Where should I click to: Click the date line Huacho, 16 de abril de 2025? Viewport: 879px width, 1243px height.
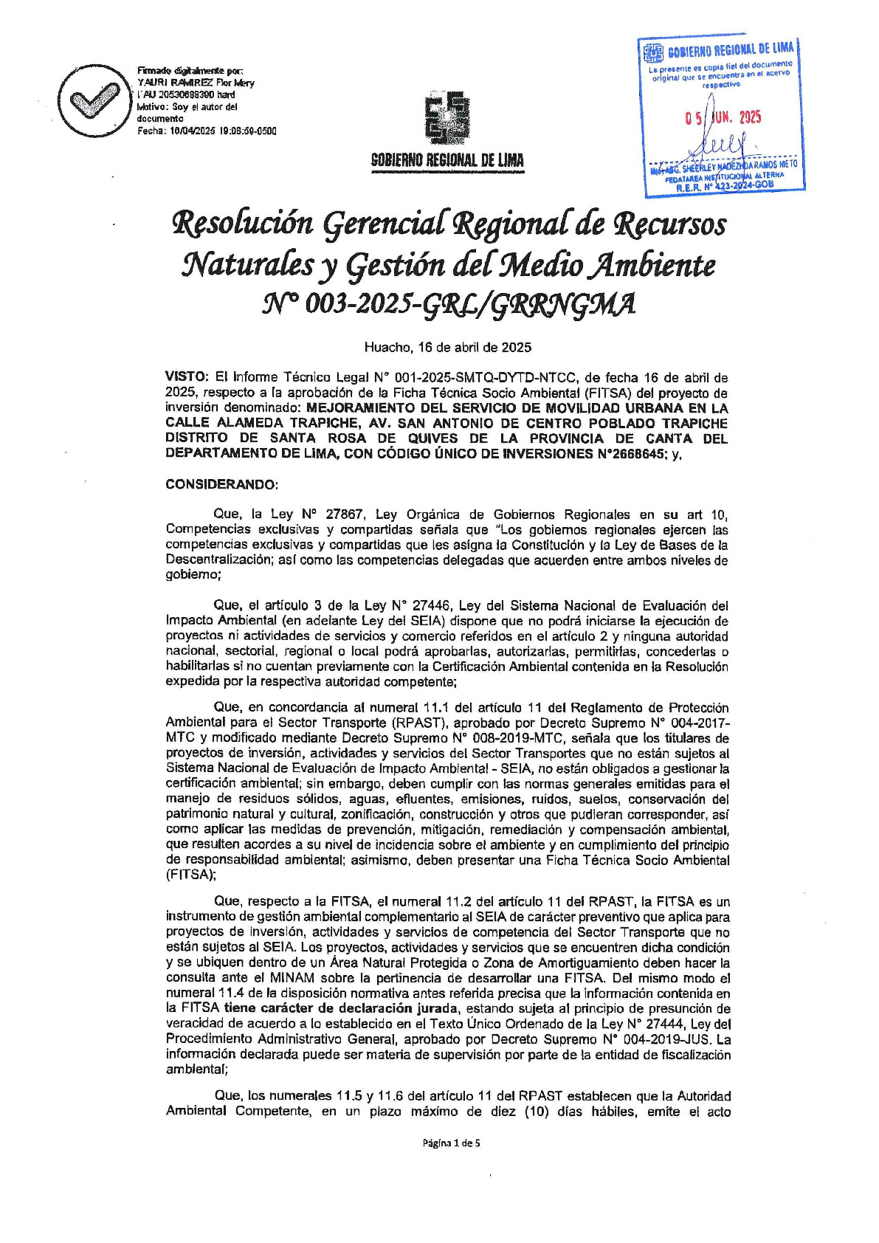tap(447, 347)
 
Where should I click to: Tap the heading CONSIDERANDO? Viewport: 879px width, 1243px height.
tap(222, 485)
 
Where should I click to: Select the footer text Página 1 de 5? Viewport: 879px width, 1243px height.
tap(451, 1143)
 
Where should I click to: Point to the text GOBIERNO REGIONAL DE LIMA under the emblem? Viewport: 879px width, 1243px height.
tap(447, 161)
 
